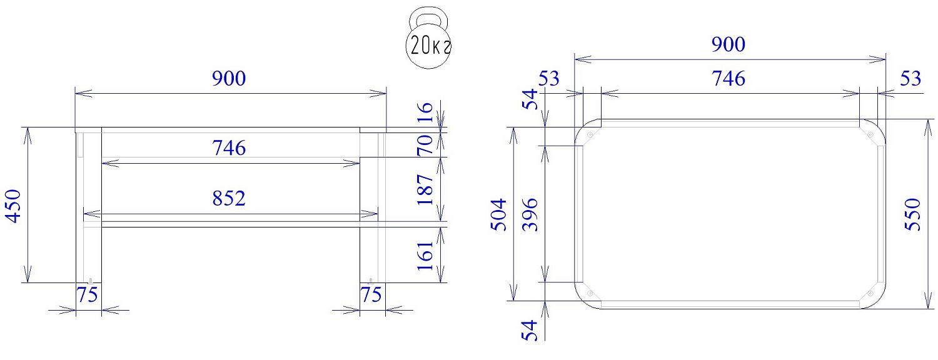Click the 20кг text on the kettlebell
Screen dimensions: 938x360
pos(430,46)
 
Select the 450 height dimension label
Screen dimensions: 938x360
pos(14,206)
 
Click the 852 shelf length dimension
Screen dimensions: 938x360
pos(229,198)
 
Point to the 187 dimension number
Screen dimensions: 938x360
pos(425,189)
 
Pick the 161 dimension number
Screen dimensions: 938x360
pos(425,256)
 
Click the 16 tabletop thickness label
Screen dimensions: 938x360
pos(425,112)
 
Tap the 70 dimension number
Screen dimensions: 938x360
pos(425,144)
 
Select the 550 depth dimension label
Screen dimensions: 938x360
pos(913,214)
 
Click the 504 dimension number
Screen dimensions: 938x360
pos(499,215)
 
